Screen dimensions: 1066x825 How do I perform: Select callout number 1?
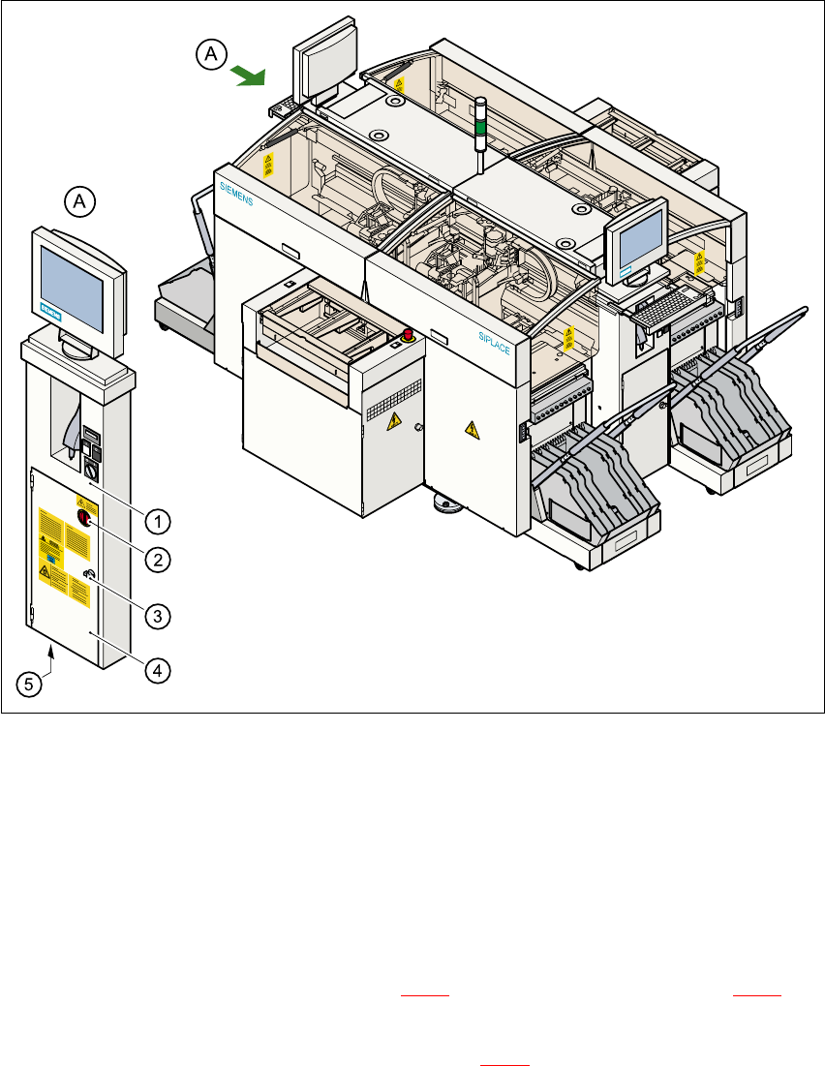(158, 521)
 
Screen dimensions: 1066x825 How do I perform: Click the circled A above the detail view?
(80, 201)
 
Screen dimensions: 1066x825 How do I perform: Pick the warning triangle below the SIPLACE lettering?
(472, 427)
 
